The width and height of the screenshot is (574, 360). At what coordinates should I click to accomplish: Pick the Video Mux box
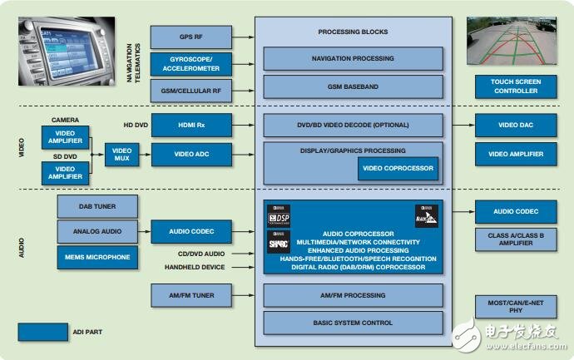[x=122, y=155]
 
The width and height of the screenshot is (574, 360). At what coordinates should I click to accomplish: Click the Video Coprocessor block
[x=398, y=169]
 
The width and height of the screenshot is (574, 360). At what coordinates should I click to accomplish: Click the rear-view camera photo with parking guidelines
[x=516, y=42]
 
